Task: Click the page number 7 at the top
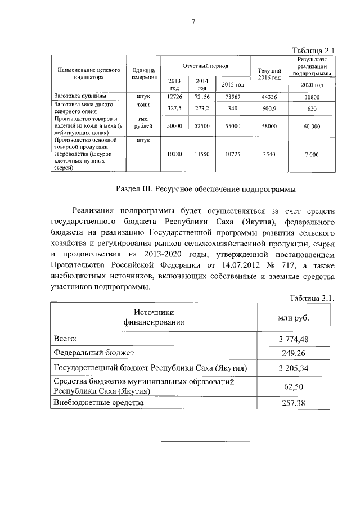[193, 22]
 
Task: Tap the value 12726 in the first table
[175, 96]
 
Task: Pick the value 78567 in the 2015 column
[232, 96]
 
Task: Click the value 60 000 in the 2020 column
[312, 127]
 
